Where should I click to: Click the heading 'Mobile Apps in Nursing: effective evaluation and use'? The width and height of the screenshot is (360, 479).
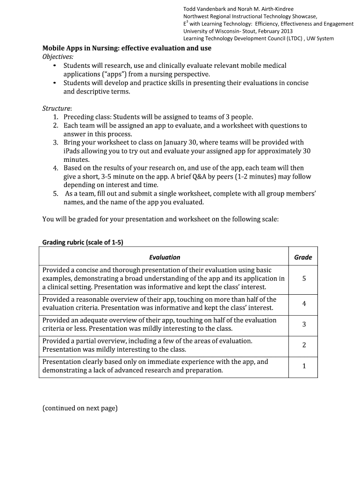[x=127, y=48]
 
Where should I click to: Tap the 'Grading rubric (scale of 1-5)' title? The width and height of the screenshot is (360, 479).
[x=83, y=242]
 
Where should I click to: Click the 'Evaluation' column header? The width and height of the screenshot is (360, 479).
[x=165, y=257]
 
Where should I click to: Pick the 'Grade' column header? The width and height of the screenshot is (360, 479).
[x=303, y=257]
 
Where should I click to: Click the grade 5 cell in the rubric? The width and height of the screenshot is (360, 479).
[x=304, y=278]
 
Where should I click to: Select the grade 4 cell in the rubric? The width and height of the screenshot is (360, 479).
[x=304, y=304]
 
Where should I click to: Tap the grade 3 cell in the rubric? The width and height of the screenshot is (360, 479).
[x=304, y=324]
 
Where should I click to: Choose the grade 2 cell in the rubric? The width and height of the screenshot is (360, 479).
[x=304, y=345]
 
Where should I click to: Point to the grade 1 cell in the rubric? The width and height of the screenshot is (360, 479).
[x=304, y=366]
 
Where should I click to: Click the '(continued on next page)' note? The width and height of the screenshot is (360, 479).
[x=80, y=408]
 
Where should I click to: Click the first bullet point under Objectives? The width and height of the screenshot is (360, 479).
[x=55, y=66]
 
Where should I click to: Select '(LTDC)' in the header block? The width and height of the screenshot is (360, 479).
[x=289, y=38]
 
